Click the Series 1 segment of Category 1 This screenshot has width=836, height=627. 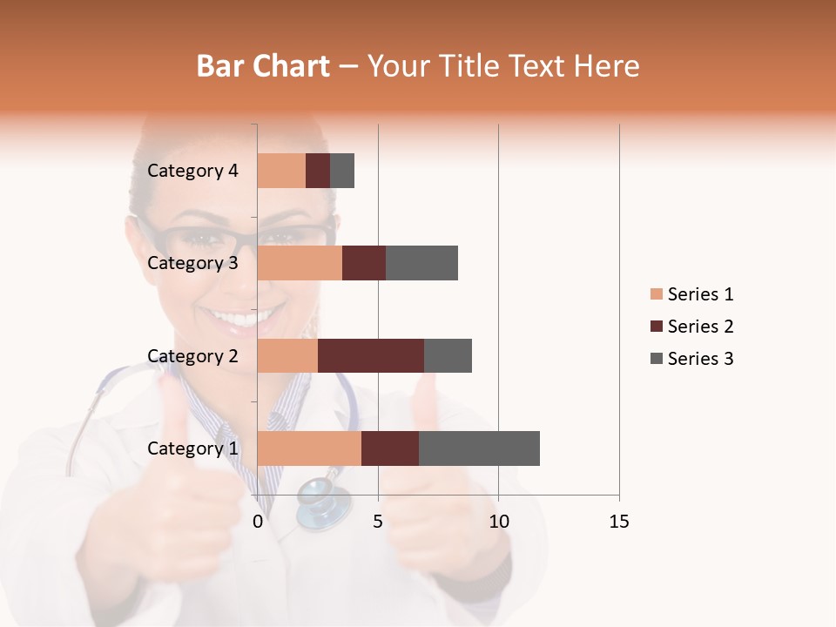click(x=309, y=448)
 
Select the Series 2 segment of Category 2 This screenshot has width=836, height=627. click(x=371, y=355)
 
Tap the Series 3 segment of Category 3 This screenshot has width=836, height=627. click(x=421, y=263)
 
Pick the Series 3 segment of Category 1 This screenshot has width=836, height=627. click(x=479, y=448)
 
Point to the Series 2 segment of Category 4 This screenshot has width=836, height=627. click(x=318, y=171)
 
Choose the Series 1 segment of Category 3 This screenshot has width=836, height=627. click(x=300, y=263)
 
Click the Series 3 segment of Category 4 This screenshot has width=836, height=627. click(x=342, y=171)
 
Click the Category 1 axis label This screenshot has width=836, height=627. click(x=192, y=448)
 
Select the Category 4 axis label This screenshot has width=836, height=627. click(x=192, y=171)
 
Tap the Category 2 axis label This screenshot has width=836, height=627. click(x=192, y=356)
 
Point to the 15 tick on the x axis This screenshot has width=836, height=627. click(x=618, y=522)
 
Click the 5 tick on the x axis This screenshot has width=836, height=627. click(x=378, y=522)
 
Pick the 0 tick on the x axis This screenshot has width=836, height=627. click(x=258, y=522)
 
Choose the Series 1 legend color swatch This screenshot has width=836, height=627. click(x=656, y=294)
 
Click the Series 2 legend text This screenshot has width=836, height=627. click(x=700, y=327)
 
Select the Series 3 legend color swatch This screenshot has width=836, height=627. click(x=656, y=359)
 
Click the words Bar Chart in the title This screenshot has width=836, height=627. click(x=263, y=66)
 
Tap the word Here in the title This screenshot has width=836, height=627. click(x=606, y=66)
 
